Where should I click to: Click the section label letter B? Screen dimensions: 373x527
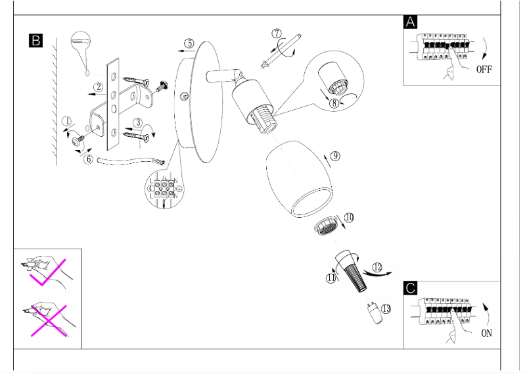35,41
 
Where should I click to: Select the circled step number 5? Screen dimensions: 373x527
189,43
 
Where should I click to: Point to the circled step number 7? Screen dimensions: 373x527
277,34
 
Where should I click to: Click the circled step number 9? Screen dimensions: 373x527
334,156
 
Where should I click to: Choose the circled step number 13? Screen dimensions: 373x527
385,308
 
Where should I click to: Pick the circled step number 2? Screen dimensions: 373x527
98,86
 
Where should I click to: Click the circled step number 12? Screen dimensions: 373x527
377,266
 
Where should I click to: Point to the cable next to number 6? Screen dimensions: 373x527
125,161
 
